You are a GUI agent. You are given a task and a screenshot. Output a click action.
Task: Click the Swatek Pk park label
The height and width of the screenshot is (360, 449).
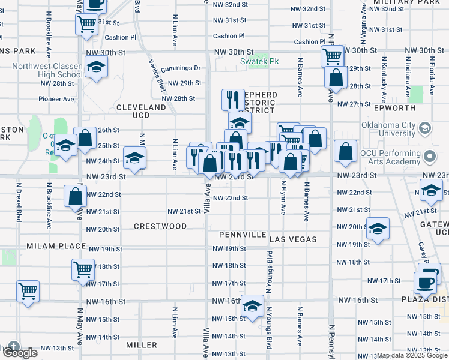(x=259, y=61)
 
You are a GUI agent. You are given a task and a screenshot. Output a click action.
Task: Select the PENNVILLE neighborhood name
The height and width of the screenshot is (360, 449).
(x=243, y=234)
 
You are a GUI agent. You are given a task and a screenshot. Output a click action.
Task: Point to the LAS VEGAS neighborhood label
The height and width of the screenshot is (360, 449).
(x=293, y=239)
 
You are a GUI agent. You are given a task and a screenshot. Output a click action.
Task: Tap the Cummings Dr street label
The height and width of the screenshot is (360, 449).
(x=180, y=68)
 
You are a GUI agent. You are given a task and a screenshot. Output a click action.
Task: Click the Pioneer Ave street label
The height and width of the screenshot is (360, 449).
(x=56, y=99)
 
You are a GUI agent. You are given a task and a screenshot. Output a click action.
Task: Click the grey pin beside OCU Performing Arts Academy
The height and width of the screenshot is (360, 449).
(x=430, y=157)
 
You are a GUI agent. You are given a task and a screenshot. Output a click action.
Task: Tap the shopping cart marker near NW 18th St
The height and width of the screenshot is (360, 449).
(x=83, y=269)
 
